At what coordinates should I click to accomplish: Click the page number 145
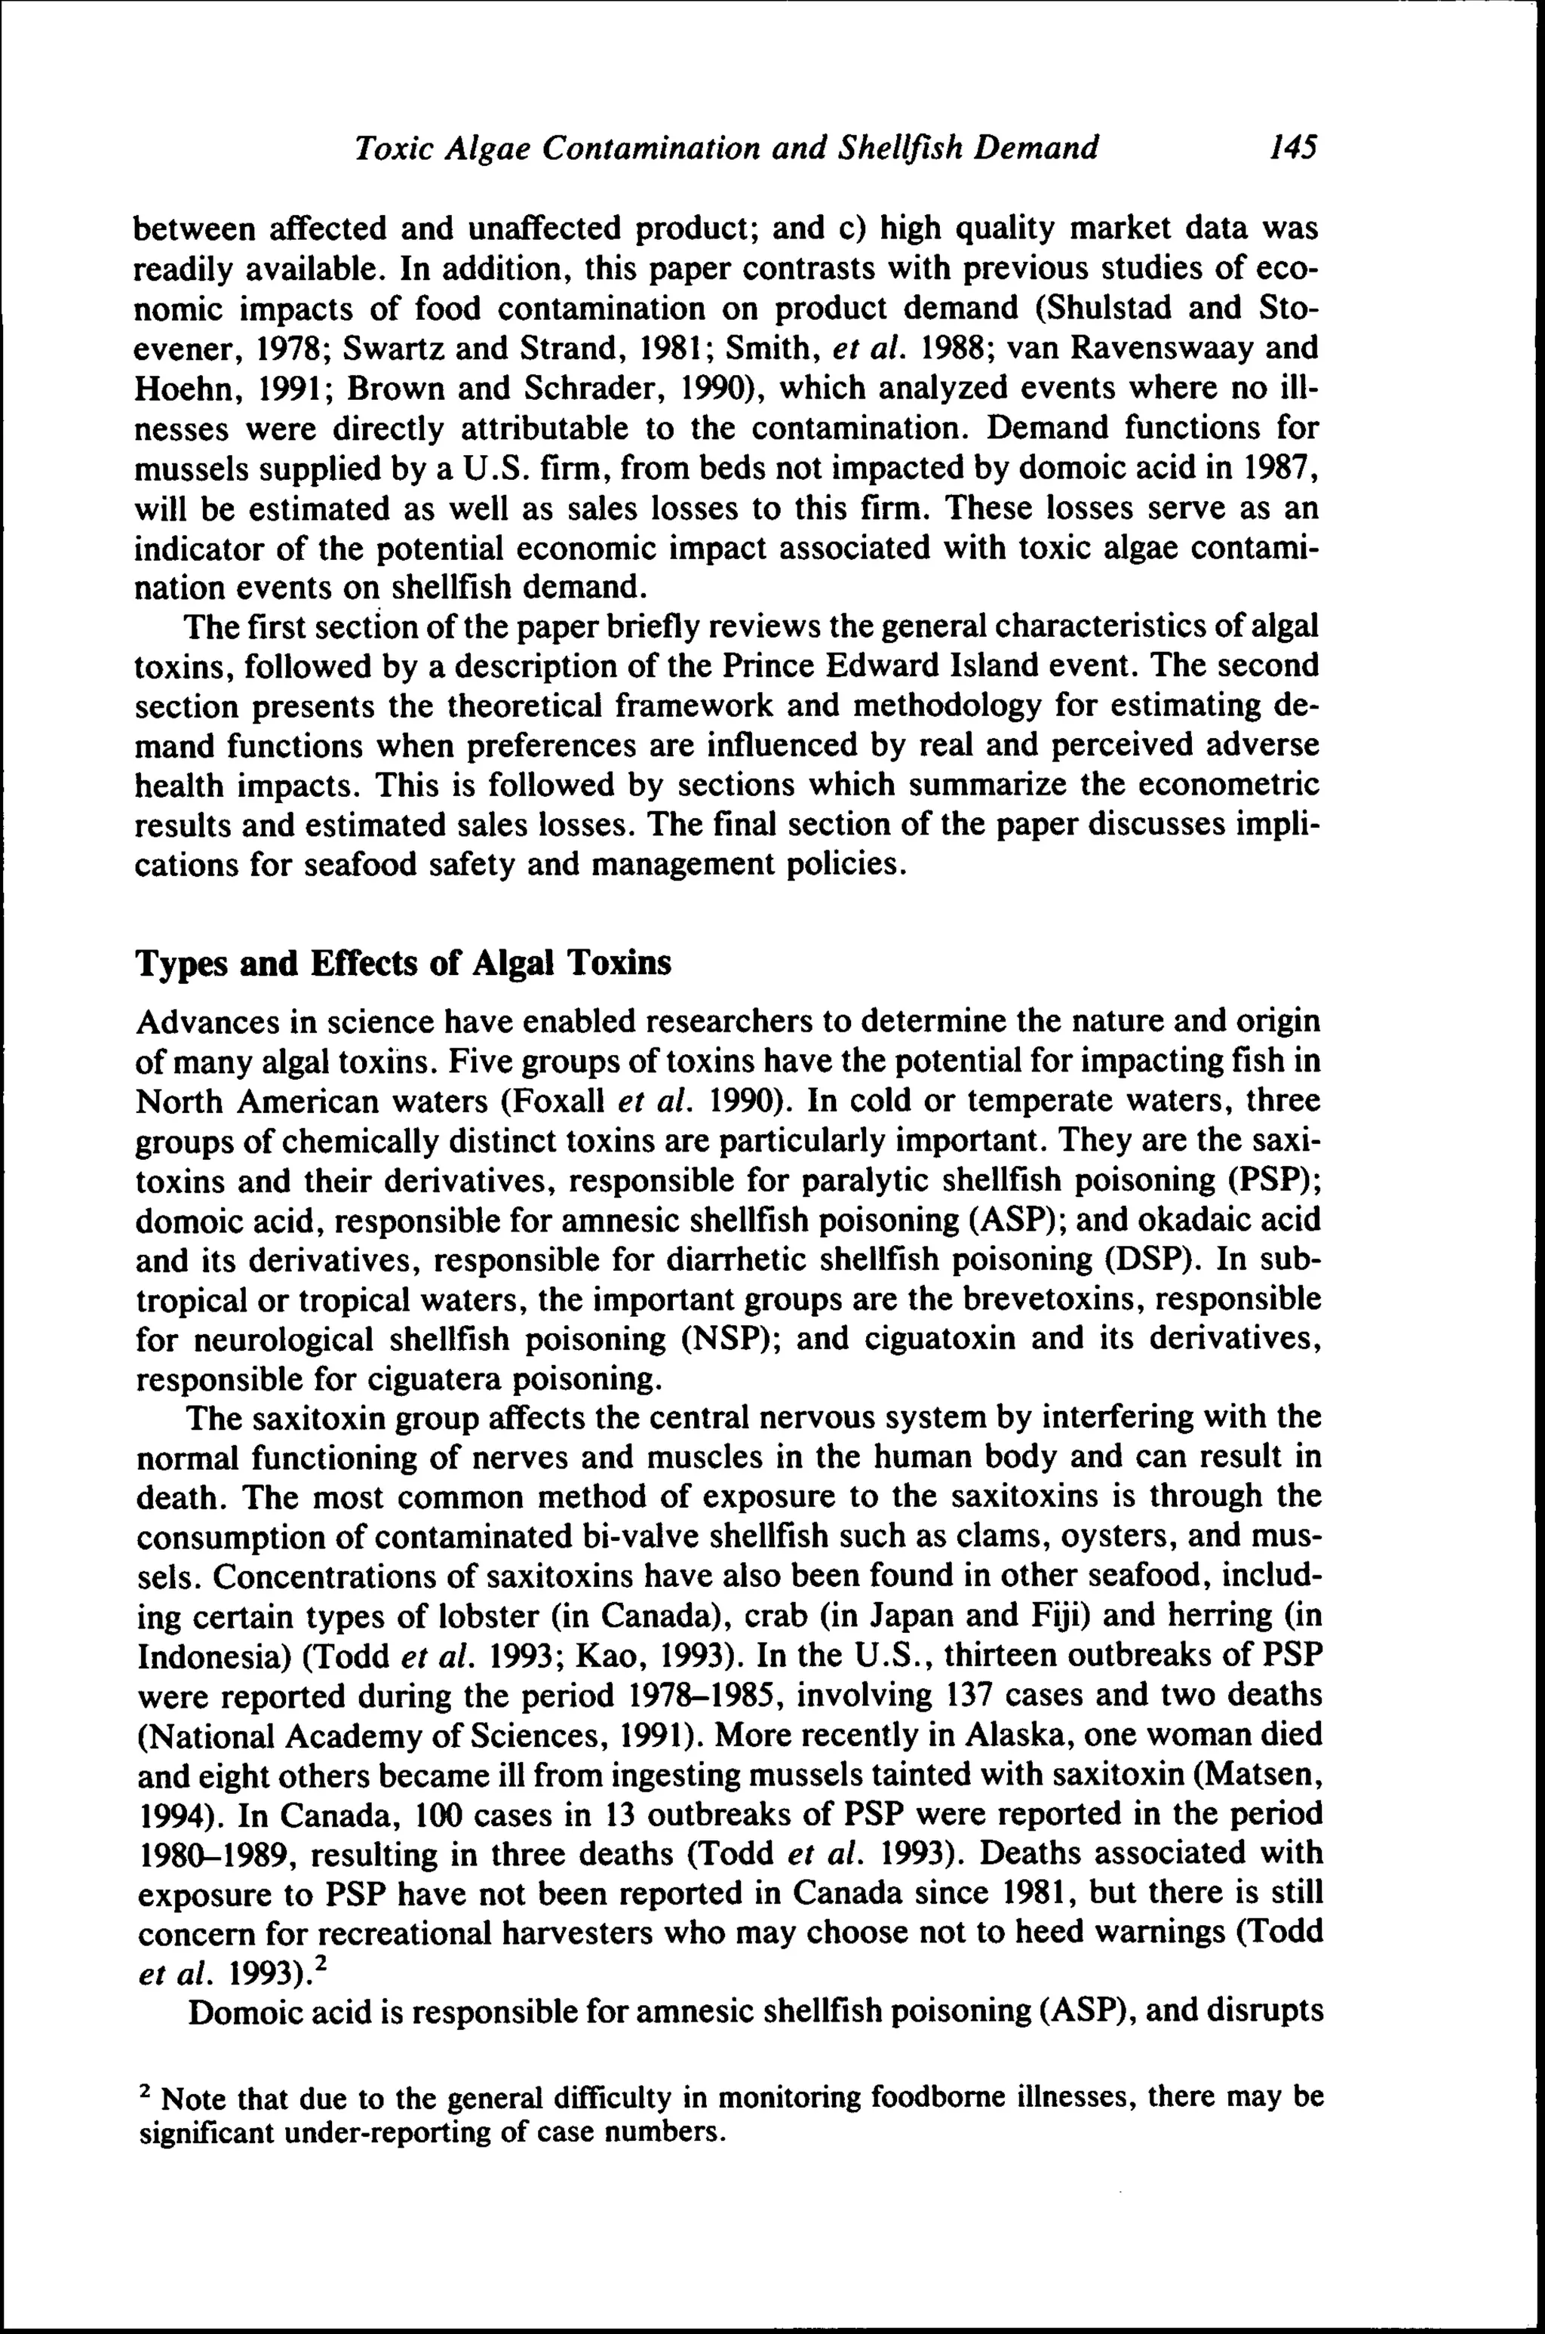[x=1292, y=148]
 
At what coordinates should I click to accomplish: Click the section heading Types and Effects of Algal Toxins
[x=402, y=962]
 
